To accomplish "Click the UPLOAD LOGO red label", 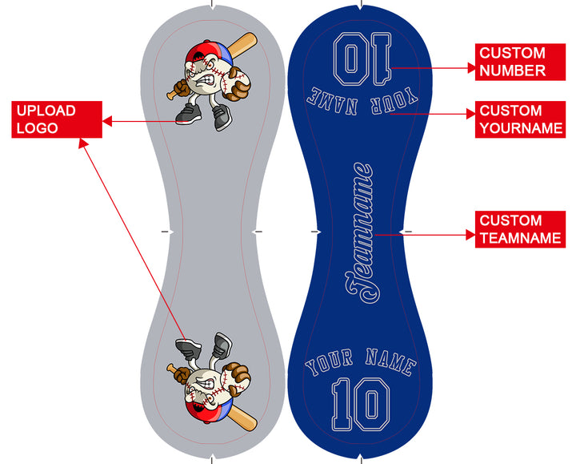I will tap(56, 119).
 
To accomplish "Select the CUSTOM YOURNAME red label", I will tap(521, 119).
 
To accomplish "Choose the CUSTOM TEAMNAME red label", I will tap(521, 229).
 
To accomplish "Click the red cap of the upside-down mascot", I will tap(209, 410).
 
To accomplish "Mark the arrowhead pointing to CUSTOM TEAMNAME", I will tap(472, 235).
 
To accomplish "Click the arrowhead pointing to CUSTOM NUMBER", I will tap(471, 69).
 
